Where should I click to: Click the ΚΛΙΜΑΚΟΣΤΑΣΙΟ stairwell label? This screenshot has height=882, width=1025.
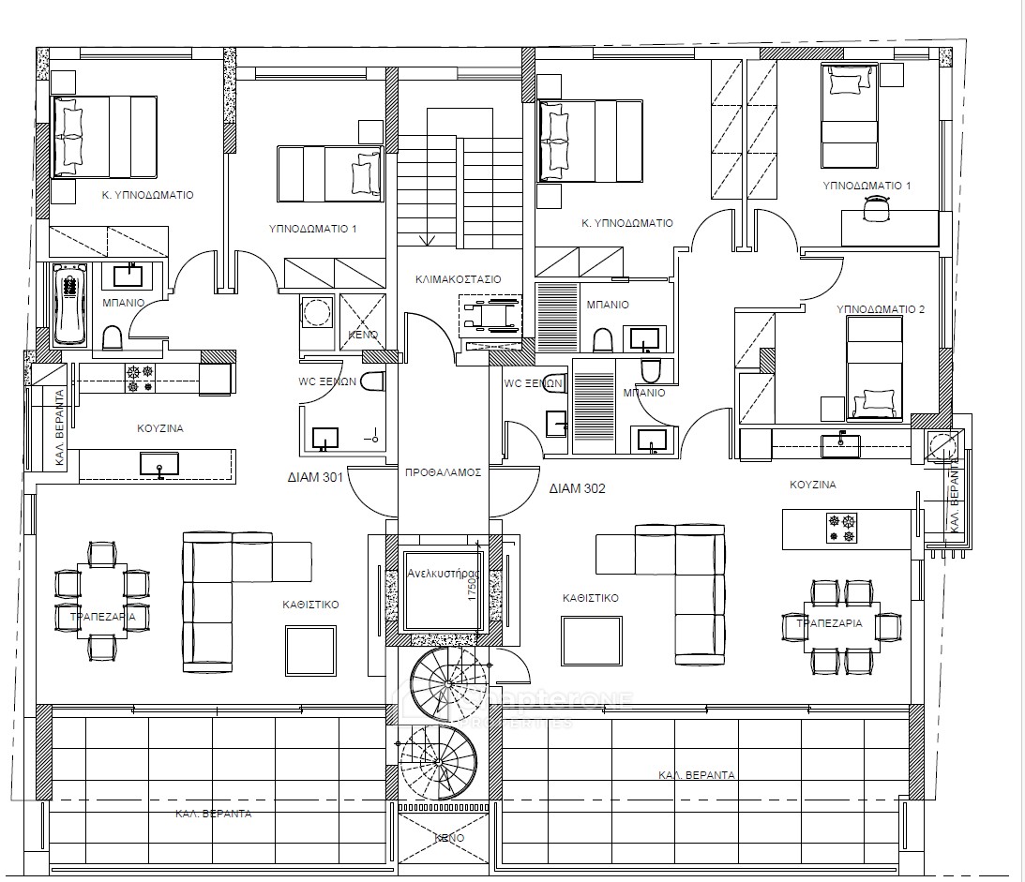click(x=458, y=279)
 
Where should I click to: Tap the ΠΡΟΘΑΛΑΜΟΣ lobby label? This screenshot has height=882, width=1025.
click(x=443, y=472)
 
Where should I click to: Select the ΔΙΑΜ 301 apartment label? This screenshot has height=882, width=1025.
click(x=314, y=477)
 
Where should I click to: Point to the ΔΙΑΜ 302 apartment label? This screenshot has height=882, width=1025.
click(x=577, y=488)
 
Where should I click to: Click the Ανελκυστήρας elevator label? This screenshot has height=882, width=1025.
click(x=443, y=572)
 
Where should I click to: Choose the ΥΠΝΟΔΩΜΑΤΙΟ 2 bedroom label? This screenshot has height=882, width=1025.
click(x=880, y=309)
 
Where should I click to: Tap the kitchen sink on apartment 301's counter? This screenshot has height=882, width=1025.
click(x=159, y=463)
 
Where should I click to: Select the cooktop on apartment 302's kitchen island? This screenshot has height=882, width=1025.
click(x=840, y=528)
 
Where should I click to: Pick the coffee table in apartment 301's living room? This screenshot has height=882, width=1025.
click(x=310, y=650)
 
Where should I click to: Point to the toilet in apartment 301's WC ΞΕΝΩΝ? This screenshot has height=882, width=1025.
click(x=373, y=383)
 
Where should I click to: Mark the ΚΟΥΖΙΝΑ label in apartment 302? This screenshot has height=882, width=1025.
click(x=812, y=486)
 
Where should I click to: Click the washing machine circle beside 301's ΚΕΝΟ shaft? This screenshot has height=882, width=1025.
click(x=316, y=310)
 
